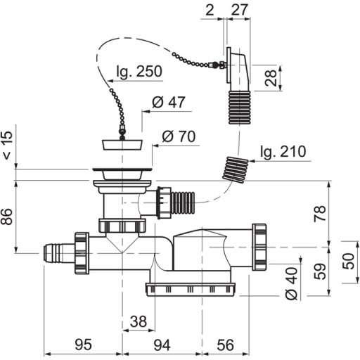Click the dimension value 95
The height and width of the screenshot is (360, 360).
click(83, 345)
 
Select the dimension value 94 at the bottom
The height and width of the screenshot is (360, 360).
click(162, 345)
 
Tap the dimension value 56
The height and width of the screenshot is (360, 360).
click(225, 345)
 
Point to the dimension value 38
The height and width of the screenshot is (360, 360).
click(139, 321)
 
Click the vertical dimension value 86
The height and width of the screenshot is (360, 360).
click(6, 217)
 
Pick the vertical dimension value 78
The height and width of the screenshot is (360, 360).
click(320, 213)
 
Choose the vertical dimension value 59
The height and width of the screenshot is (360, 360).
click(320, 271)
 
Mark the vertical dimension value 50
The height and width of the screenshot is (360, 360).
click(349, 261)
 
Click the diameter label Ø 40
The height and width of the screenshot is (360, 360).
click(292, 283)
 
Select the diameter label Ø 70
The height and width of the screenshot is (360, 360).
click(179, 136)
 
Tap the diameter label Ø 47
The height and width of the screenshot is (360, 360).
click(169, 102)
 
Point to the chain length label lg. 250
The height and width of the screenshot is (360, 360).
click(139, 71)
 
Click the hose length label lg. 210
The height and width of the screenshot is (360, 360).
click(283, 151)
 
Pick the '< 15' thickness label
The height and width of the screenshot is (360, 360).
click(7, 146)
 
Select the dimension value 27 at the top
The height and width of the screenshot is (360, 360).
click(239, 10)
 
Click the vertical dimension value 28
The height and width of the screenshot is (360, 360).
click(271, 78)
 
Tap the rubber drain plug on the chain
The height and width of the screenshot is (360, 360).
click(122, 144)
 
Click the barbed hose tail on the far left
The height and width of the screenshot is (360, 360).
click(59, 253)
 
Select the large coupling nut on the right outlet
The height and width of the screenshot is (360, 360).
click(259, 247)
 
